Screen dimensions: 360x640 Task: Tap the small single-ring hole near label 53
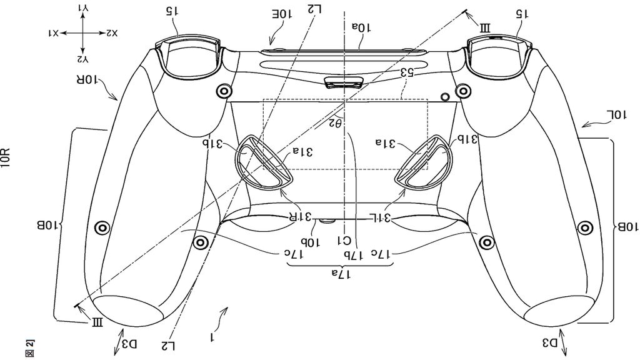point(444,97)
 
